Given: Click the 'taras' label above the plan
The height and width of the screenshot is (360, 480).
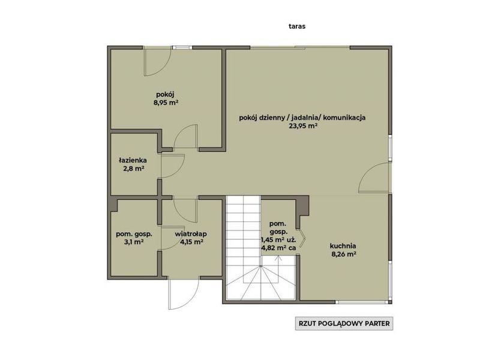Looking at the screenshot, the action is point(297,26).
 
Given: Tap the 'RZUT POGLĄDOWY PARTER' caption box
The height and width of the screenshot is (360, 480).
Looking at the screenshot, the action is point(344,323).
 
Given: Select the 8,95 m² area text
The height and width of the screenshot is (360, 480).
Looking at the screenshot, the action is point(166,103).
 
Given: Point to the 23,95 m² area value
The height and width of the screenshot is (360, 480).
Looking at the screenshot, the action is point(303,126).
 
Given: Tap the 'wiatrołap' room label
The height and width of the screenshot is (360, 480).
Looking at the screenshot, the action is point(191,234).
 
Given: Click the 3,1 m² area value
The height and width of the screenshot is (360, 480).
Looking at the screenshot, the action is point(134,242).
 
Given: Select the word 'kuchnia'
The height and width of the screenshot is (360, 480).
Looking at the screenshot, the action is point(343,245).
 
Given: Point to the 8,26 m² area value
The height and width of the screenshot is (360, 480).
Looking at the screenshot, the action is point(343,254).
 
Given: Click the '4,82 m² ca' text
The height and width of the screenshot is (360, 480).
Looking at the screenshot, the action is point(278,248).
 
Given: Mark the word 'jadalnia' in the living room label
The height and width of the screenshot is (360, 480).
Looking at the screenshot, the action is point(304,118).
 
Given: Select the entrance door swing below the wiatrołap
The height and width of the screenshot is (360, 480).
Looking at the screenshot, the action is point(184,293).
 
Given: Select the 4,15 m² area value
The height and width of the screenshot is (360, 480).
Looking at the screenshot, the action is point(191,242).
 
